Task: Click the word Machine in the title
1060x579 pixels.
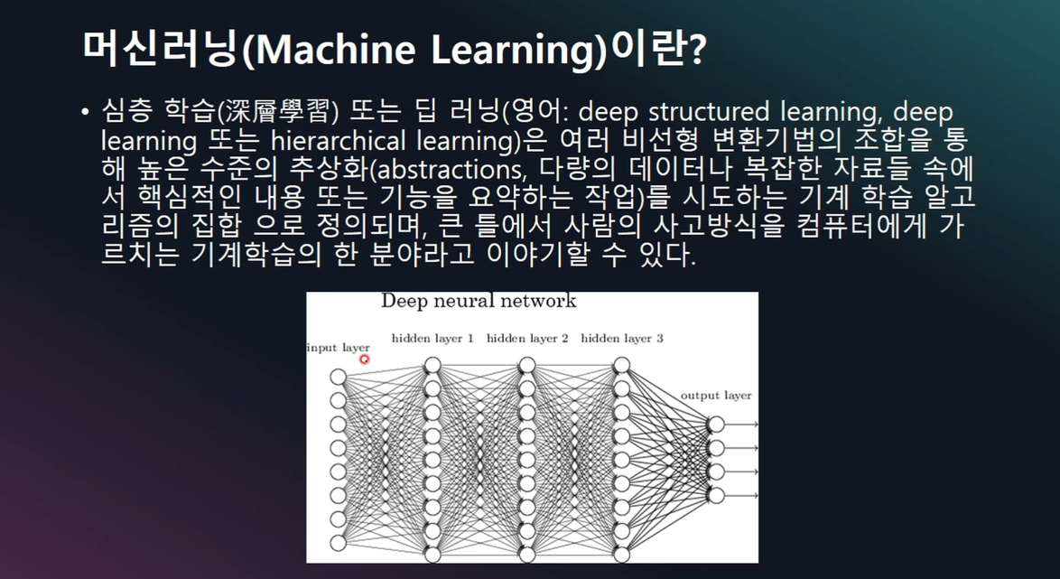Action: coord(324,51)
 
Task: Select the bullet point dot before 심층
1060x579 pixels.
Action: coord(85,111)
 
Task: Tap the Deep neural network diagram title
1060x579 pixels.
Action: coord(479,301)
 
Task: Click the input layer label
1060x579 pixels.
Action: coord(338,349)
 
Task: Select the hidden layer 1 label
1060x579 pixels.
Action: coord(432,338)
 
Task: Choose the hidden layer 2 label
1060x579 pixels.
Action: coord(527,338)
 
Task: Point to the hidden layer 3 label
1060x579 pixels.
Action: coord(622,338)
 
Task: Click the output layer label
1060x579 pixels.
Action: coord(716,396)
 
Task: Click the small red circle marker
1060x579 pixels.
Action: coord(365,360)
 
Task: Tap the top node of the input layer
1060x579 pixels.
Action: coord(338,377)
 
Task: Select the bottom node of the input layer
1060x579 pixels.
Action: coord(338,543)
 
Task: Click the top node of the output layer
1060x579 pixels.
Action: coord(716,425)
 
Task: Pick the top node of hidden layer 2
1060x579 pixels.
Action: coord(527,365)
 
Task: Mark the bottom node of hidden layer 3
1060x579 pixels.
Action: coord(622,555)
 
